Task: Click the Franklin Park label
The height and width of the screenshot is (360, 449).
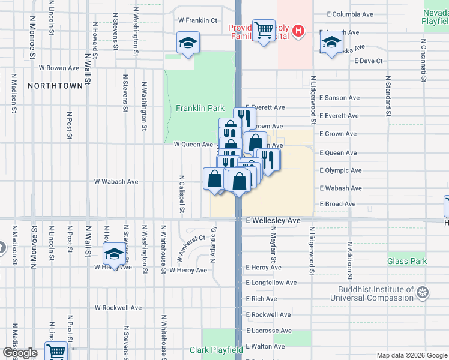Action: (x=200, y=109)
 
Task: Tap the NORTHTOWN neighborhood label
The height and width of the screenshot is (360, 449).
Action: (x=55, y=86)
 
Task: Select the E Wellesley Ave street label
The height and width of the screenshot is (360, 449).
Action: (x=273, y=221)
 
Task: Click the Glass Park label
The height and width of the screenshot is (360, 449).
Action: (x=407, y=261)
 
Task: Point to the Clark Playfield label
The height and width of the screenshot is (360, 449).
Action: (x=216, y=350)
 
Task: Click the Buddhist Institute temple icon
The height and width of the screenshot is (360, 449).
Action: (x=423, y=293)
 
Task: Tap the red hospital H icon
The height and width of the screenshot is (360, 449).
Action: (x=299, y=31)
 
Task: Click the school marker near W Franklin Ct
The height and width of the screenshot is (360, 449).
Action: (x=188, y=43)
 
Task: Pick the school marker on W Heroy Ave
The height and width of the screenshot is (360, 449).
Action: (x=113, y=254)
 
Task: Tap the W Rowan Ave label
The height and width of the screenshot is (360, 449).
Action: (x=59, y=68)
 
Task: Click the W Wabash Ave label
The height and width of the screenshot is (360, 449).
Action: (x=116, y=181)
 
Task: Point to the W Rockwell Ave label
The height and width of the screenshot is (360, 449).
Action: (x=118, y=308)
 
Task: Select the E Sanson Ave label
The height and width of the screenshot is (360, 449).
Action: (x=339, y=98)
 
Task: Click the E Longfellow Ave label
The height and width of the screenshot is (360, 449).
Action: (x=271, y=283)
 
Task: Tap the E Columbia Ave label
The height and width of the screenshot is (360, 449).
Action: (x=352, y=14)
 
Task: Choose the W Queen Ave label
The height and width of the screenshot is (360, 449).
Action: (x=193, y=145)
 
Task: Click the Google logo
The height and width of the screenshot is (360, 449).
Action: (x=20, y=353)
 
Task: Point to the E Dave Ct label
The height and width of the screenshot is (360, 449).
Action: (x=368, y=61)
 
